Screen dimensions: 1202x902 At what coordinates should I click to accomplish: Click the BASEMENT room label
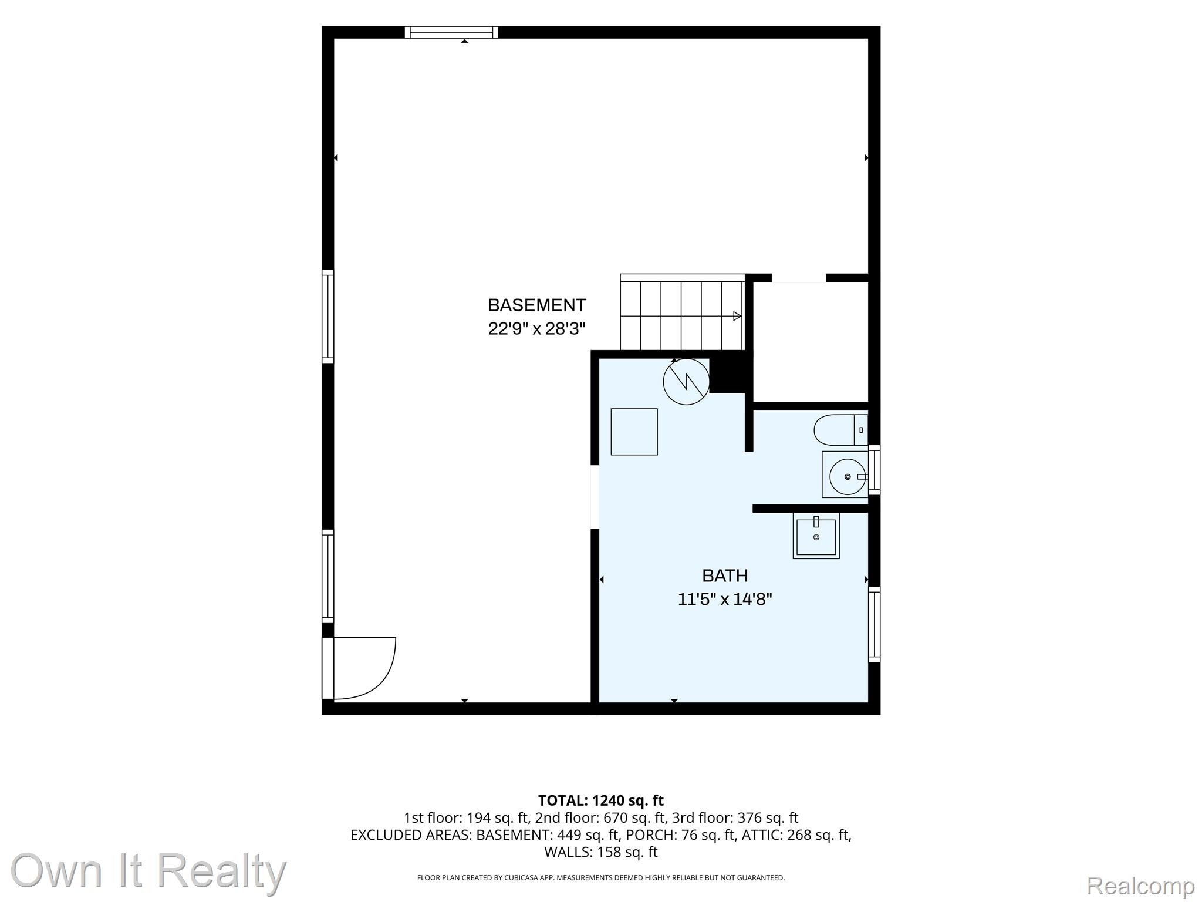coord(536,305)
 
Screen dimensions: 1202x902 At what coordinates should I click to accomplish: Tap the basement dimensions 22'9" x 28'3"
coord(536,329)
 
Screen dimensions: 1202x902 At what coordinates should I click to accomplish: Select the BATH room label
coord(725,575)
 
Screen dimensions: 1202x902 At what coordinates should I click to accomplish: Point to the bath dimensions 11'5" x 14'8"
coord(725,599)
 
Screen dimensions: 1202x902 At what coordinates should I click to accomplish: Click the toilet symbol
coord(840,430)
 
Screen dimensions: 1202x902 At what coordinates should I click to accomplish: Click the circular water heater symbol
coord(686,382)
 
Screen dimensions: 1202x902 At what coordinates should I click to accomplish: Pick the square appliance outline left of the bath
coord(634,432)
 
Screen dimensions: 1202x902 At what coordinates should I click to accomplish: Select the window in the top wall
coord(451,32)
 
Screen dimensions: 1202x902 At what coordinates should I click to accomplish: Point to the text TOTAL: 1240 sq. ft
coord(601,800)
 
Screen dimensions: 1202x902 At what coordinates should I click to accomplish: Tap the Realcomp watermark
coord(1140,886)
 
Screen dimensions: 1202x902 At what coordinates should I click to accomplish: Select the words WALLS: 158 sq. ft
coord(601,852)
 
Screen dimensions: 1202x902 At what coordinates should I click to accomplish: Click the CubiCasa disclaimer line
coord(601,878)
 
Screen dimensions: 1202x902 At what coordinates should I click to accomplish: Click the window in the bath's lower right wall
coord(875,624)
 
